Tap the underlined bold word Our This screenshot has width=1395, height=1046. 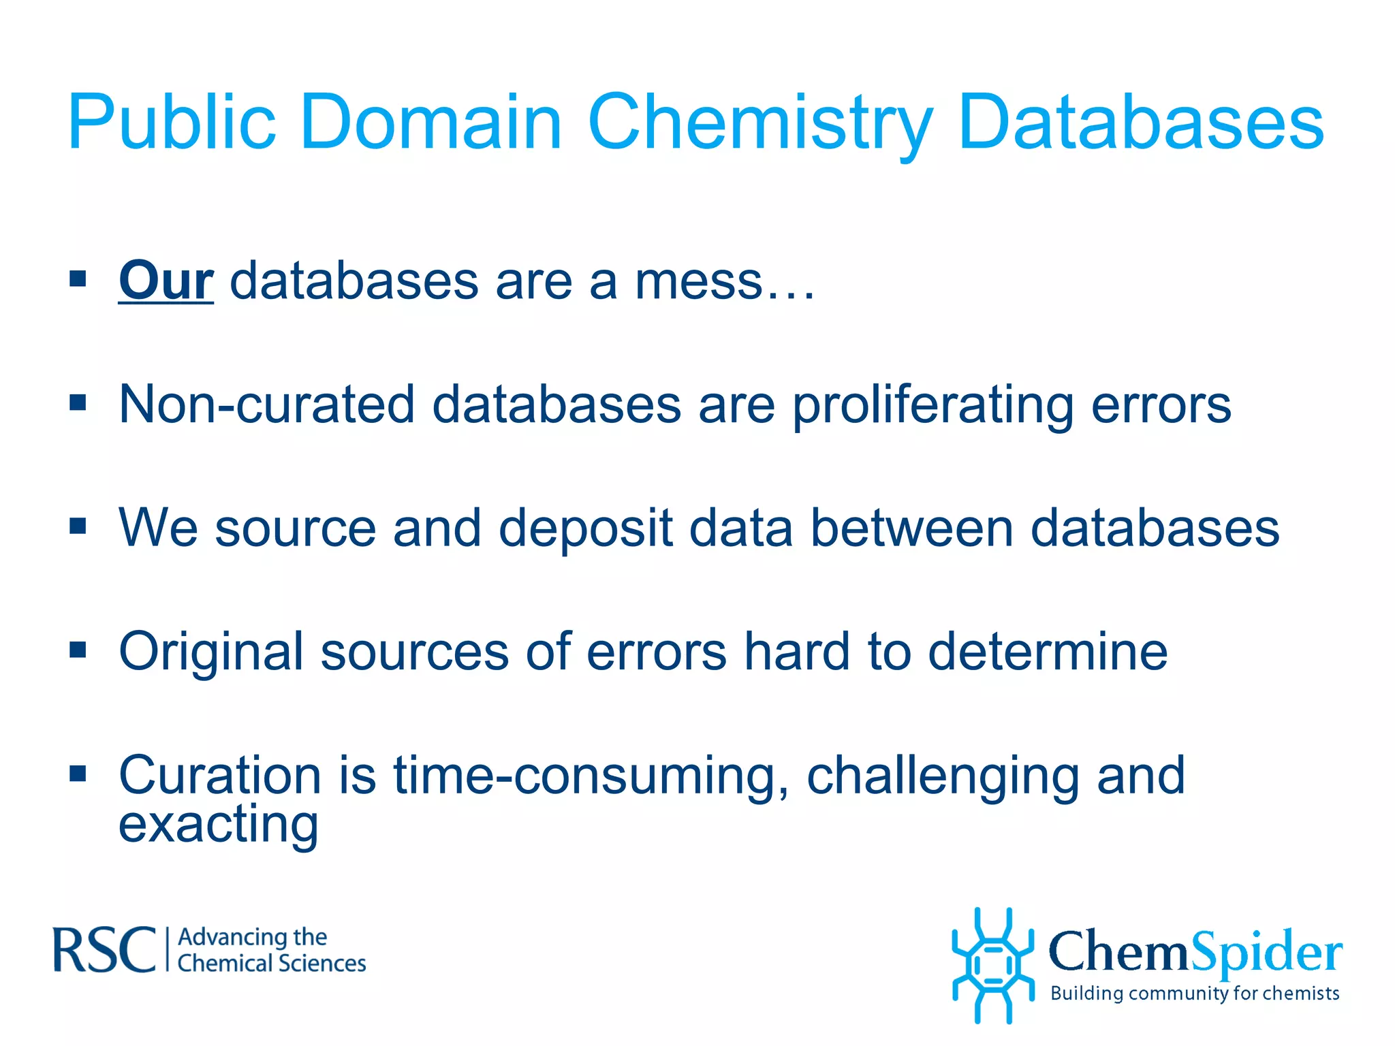166,281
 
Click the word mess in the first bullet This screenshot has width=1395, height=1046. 697,281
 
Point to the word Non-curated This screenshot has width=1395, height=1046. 266,405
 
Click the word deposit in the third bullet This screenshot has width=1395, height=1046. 585,528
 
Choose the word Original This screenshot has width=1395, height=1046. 210,652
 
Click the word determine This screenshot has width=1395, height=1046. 1048,652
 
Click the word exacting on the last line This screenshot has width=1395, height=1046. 218,824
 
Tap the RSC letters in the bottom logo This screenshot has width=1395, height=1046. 104,950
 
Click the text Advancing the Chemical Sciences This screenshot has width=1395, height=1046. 271,951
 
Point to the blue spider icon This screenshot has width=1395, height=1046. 992,966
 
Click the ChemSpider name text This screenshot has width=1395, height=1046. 1195,951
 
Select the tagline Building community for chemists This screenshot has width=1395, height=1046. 1195,994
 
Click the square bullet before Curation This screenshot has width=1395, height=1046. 78,774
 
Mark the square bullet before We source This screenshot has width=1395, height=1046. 78,526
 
